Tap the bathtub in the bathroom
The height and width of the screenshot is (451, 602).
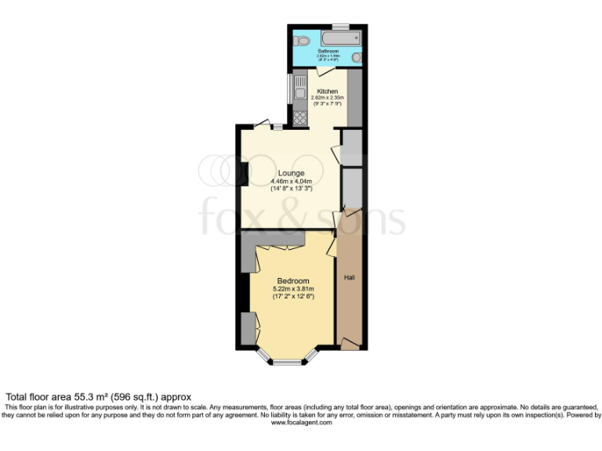(x=340, y=37)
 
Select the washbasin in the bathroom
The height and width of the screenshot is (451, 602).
(x=357, y=57)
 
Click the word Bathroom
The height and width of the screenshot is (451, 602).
(x=328, y=52)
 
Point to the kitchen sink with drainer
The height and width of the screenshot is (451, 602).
(x=299, y=92)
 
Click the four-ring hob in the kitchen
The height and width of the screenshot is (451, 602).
(x=299, y=117)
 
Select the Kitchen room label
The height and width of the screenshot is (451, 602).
(x=328, y=92)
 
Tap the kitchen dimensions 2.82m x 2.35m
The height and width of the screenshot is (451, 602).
(x=328, y=98)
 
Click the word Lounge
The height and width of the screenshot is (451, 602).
(x=291, y=173)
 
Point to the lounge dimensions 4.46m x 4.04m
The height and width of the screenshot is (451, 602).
(x=291, y=181)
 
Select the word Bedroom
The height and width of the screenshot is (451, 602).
(x=293, y=281)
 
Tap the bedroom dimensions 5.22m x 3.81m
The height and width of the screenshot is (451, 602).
(x=293, y=289)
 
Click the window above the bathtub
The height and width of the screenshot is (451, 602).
(x=340, y=27)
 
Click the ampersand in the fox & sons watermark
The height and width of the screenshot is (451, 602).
(x=301, y=215)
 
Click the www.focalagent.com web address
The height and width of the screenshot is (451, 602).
(x=301, y=422)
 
